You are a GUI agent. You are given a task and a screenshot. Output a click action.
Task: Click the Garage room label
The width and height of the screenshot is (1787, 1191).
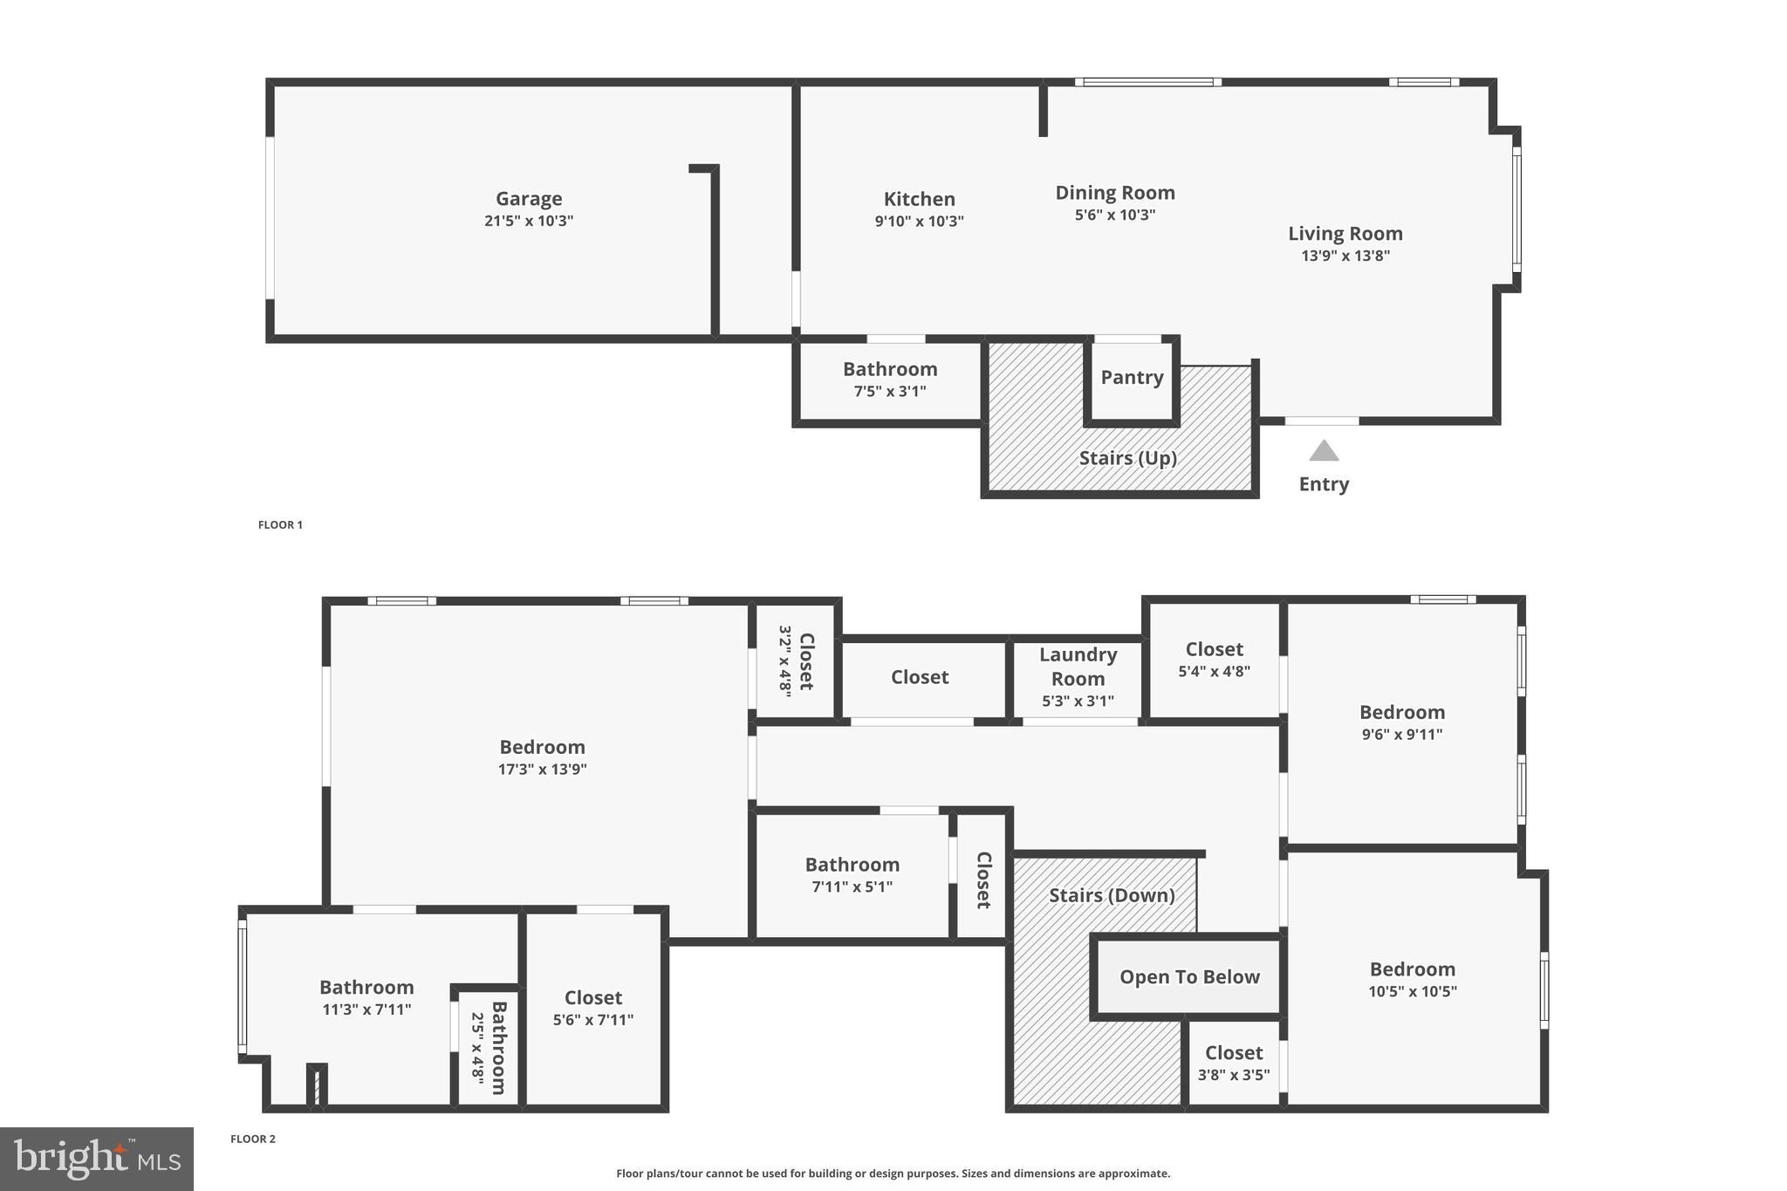529,199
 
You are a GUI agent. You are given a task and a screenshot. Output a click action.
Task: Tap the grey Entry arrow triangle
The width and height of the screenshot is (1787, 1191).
1324,451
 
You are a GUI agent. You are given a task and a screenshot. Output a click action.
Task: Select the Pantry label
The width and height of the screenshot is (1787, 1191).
1132,378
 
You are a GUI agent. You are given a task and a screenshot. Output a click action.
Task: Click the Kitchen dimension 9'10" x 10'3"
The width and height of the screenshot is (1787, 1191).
919,222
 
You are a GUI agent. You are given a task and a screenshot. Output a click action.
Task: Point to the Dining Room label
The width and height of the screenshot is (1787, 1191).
1114,193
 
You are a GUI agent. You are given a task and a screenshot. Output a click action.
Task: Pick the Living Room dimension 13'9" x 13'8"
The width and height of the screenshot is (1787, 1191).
1345,257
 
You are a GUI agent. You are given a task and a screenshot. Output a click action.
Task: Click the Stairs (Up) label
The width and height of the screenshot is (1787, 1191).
1127,458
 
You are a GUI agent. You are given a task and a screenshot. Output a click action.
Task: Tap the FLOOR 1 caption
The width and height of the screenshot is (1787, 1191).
280,525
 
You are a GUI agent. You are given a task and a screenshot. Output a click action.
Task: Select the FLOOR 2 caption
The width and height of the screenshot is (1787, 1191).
253,1139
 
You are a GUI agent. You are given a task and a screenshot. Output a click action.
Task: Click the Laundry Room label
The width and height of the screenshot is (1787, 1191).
1078,667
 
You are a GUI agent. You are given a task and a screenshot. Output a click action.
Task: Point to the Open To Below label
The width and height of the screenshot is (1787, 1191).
1189,977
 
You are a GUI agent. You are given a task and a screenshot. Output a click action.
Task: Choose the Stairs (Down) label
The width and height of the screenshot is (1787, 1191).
1111,895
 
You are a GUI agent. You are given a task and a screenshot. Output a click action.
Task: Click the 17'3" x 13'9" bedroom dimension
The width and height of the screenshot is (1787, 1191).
542,770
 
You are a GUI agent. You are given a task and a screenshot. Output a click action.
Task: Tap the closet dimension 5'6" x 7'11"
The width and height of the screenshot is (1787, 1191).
592,1020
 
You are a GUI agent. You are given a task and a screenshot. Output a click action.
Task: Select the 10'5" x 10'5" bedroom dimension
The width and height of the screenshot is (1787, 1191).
1412,991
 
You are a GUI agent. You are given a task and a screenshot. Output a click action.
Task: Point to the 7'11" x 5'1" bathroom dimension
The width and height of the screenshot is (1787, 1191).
852,887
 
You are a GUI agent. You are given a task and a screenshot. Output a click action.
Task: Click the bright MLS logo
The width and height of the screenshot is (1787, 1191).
97,1159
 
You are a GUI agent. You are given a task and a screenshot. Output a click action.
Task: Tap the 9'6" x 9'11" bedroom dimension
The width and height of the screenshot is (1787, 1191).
1401,735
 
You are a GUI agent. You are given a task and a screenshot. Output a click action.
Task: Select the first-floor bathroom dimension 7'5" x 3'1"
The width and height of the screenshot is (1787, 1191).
889,392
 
